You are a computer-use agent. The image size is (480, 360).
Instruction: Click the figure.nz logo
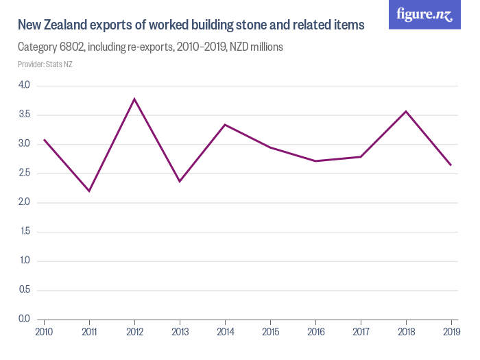click(424, 14)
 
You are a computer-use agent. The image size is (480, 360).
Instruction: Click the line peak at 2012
click(134, 99)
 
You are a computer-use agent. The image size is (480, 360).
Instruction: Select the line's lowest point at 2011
click(89, 191)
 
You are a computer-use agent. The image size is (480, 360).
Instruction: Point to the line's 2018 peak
click(406, 111)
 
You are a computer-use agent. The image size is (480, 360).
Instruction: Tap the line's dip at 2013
click(180, 181)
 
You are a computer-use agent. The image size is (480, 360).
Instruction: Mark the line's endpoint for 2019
click(451, 165)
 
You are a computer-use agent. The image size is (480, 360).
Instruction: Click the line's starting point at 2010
click(44, 139)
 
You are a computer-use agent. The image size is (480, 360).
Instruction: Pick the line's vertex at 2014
click(225, 125)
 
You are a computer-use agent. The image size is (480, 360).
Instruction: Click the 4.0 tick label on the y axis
click(24, 85)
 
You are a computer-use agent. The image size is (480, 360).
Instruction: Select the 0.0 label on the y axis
click(24, 319)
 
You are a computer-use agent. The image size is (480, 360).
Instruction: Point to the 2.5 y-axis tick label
click(24, 173)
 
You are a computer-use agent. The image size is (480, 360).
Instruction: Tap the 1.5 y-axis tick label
click(24, 231)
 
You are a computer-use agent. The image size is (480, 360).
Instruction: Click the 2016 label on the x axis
click(315, 333)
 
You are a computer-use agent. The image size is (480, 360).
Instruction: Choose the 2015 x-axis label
click(270, 333)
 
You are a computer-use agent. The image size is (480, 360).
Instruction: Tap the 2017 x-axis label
click(361, 333)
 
